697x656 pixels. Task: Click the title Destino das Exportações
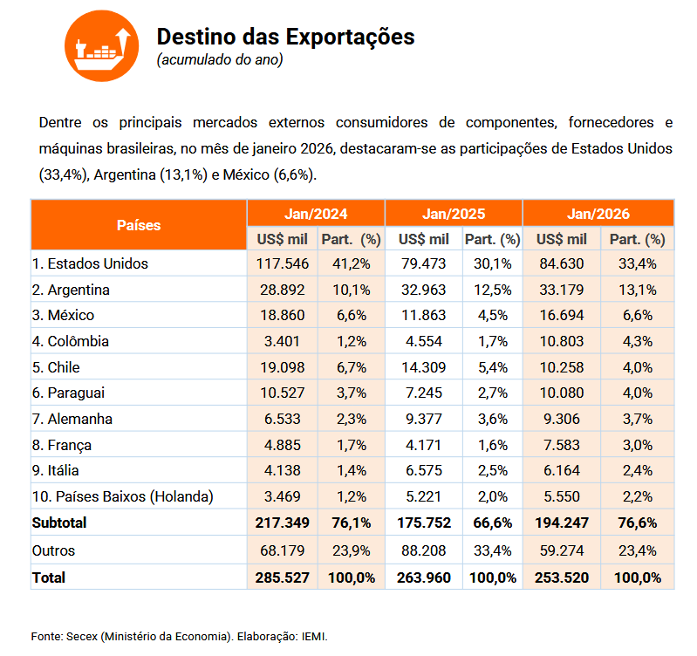(285, 37)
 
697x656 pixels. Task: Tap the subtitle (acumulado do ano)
(220, 60)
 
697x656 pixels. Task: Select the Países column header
(139, 225)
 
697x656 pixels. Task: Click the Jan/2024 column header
(315, 213)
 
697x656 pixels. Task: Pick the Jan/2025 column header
(454, 213)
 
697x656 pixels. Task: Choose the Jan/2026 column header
(598, 213)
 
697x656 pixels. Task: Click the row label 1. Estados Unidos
(90, 263)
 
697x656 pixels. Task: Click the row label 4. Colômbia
(72, 341)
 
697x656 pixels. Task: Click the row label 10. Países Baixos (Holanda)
(122, 497)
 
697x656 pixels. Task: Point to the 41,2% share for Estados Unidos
(350, 263)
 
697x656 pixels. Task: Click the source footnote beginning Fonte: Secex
(180, 636)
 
